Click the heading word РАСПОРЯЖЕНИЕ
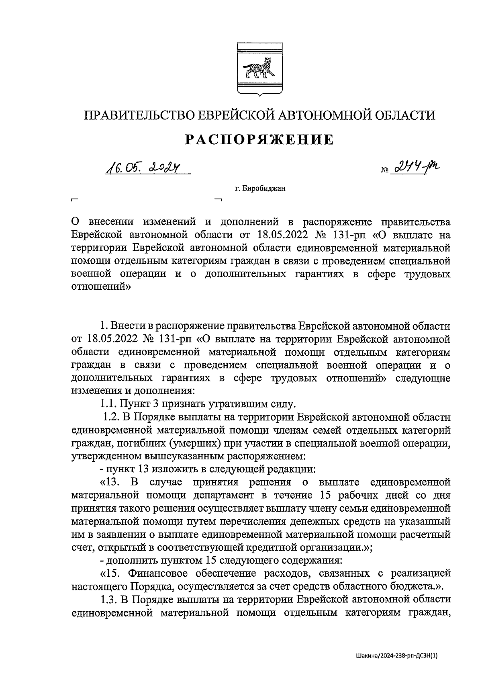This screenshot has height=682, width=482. (x=259, y=139)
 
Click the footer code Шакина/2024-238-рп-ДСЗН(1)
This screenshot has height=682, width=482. (x=396, y=655)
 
